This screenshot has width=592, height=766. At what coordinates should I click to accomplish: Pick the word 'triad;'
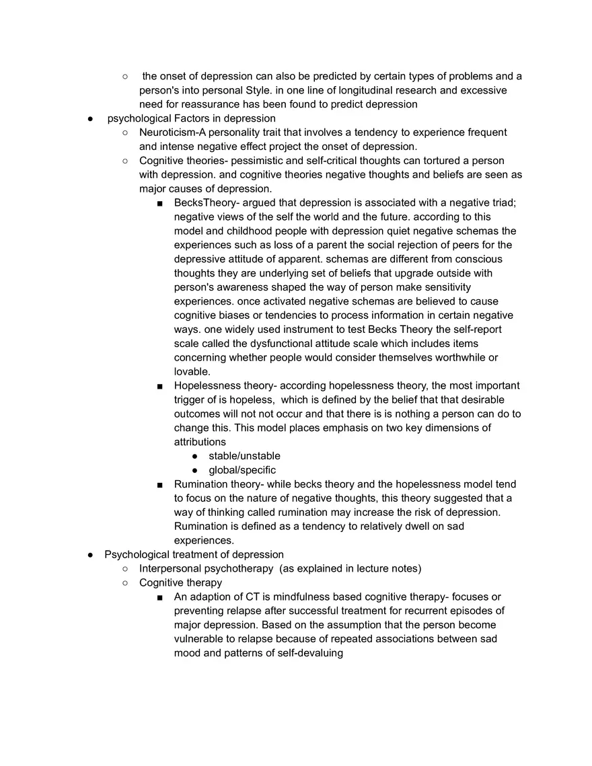point(501,203)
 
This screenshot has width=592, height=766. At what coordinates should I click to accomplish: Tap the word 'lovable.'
point(192,372)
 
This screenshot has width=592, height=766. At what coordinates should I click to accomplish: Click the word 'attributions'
point(200,442)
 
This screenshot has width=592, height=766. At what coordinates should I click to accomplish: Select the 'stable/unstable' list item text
point(244,456)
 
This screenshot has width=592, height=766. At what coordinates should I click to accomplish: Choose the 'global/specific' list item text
point(242,470)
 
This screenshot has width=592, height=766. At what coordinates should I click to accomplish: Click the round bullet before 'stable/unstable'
point(195,456)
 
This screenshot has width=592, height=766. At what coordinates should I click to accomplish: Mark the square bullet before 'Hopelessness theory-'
point(159,386)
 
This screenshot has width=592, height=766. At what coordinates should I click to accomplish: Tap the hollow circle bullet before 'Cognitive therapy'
point(126,583)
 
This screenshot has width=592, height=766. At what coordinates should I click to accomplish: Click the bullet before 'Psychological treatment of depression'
point(91,555)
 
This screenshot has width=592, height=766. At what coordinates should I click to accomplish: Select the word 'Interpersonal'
point(171,569)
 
